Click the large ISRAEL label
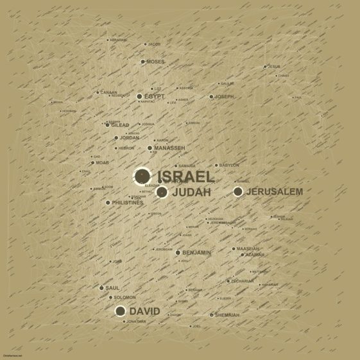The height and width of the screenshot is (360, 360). tap(185, 176)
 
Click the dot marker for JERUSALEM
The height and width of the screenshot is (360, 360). tap(238, 191)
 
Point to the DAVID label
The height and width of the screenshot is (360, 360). tap(144, 311)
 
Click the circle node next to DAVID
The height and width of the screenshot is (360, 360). tap(120, 311)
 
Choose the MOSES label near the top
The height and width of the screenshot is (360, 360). tap(156, 62)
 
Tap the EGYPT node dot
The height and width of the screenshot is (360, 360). tap(139, 96)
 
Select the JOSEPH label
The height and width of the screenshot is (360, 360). tap(225, 96)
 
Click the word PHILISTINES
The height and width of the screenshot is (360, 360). tap(128, 203)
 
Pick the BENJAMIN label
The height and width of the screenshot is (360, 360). tap(196, 253)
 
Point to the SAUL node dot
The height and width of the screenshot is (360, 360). tap(101, 288)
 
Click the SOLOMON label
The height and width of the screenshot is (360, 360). tap(125, 298)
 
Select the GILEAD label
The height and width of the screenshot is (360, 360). tap(120, 125)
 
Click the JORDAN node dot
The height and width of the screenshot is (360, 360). tap(116, 137)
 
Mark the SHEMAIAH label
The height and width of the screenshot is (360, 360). tap(227, 315)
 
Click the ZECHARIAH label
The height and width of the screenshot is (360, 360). tap(243, 281)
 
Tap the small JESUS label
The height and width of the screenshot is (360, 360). tap(274, 67)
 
